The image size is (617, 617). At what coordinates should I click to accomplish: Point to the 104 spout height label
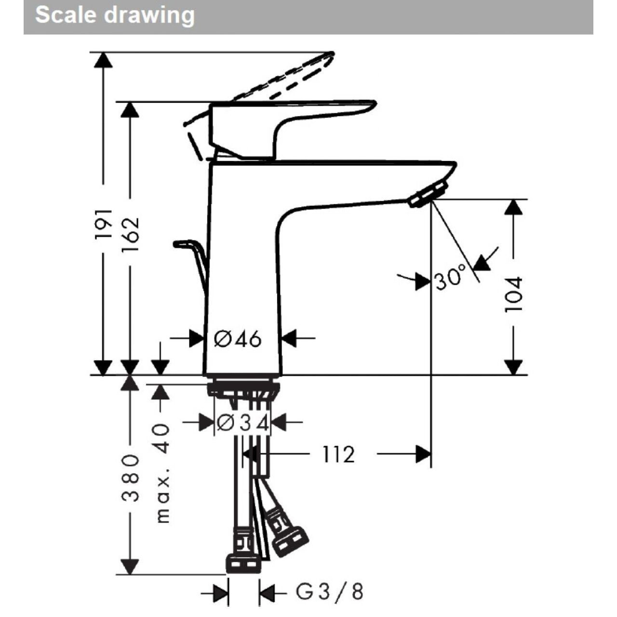point(513,294)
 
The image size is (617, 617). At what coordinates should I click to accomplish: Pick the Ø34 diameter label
point(242,423)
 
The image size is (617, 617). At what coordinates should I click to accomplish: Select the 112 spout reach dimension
point(338,454)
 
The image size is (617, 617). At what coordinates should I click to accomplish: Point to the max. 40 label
point(162,475)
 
